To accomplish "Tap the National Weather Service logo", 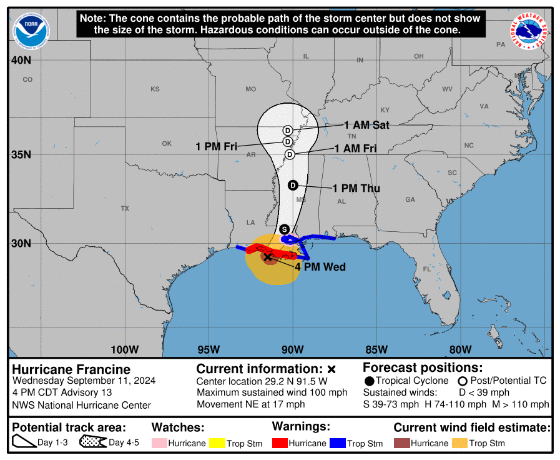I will point(531,32).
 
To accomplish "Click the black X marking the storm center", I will point(267,257).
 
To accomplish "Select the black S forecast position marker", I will point(285,229).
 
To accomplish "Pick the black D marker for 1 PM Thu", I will point(293,185).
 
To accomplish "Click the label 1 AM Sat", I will point(367,125).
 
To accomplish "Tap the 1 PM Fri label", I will point(217,146).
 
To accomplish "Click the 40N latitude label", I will point(21,61).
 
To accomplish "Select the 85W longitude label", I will point(376,349).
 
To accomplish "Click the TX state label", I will point(125,208).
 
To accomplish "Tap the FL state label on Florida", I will point(427,269).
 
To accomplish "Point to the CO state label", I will point(27,79).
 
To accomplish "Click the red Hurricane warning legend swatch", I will point(280,443).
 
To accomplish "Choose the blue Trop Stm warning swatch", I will point(338,443).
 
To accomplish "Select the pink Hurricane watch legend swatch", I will point(159,443).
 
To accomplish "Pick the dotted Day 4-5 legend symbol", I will point(92,442).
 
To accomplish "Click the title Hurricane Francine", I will point(71,369).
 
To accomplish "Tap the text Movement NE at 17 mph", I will point(250,404).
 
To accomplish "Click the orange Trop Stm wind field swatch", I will point(460,443).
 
